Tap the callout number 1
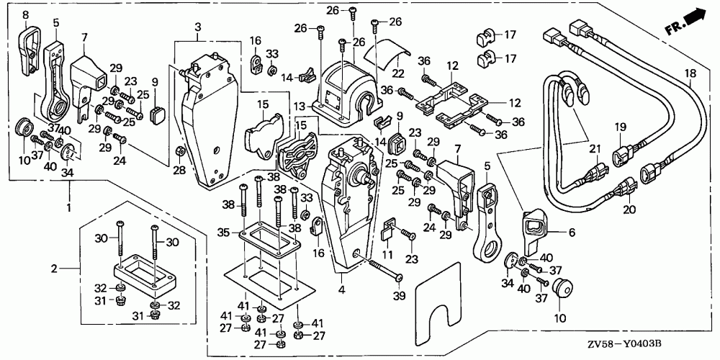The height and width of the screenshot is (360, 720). click(x=70, y=208)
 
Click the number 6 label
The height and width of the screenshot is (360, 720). click(x=573, y=232)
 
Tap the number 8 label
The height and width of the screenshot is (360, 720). click(x=25, y=15)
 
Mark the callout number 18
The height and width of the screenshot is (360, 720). click(x=690, y=73)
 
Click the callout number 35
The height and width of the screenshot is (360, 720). click(x=222, y=233)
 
